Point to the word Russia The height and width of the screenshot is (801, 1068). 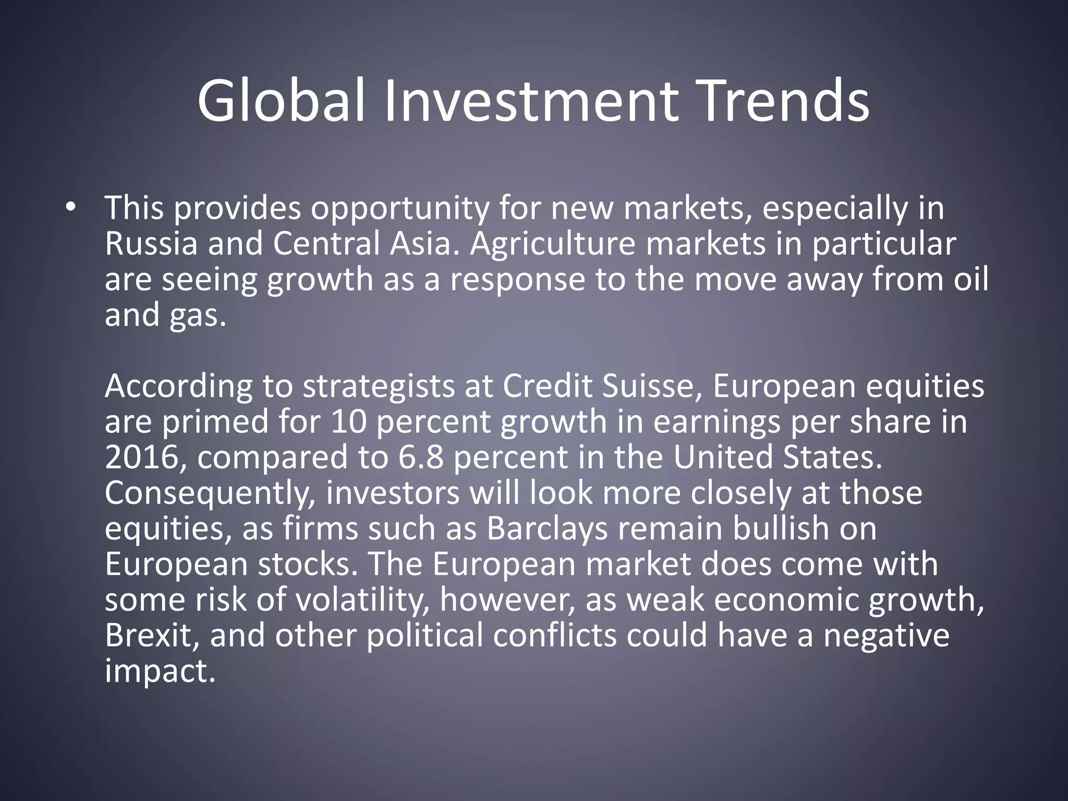(151, 244)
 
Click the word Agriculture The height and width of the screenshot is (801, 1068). (552, 244)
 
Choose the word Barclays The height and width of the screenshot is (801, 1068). (547, 529)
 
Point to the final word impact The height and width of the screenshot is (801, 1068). (160, 672)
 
